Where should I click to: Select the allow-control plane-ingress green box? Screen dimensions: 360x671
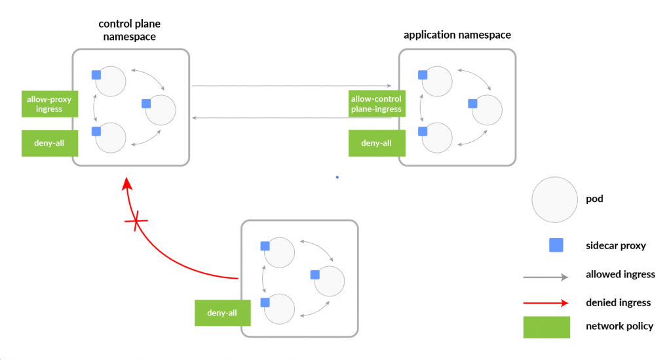376,104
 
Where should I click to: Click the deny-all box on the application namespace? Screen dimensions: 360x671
376,143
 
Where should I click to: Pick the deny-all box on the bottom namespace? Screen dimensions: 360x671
222,313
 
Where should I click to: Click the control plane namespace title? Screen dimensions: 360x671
130,30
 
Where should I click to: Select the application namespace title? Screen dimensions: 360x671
457,35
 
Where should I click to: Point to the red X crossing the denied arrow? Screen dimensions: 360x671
136,224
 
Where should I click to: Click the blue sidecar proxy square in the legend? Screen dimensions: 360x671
556,245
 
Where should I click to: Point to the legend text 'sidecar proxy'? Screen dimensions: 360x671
615,245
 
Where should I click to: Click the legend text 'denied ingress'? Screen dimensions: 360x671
618,302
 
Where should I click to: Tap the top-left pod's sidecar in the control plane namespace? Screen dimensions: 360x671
96,75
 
